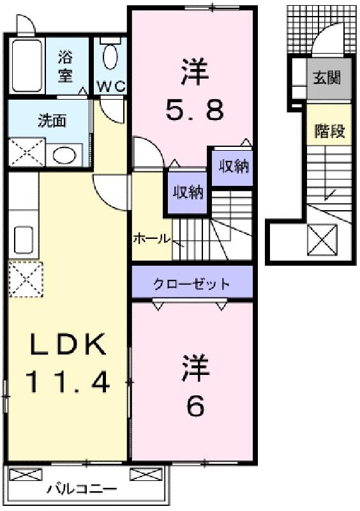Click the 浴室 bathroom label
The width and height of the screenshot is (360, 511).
coord(65,66)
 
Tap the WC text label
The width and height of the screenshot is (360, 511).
coord(111,86)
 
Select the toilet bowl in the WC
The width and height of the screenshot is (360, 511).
coord(110,57)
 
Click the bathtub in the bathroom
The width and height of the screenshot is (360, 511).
coord(27,66)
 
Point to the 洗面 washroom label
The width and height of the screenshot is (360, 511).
coord(52,121)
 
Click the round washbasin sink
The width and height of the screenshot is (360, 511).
coord(64,155)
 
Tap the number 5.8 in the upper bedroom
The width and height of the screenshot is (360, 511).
coord(195,110)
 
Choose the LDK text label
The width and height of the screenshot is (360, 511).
coord(68,344)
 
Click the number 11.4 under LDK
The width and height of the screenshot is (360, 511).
coord(67,382)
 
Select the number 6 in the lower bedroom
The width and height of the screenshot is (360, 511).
coord(195,406)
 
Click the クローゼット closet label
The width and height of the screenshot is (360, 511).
coord(191,284)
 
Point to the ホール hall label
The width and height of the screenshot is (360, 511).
coord(152,239)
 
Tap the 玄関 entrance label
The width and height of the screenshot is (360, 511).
coord(327,78)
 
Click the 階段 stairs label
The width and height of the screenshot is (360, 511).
coord(329,131)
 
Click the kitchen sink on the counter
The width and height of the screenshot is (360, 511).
coord(24,240)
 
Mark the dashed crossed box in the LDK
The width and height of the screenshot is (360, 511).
coord(26,279)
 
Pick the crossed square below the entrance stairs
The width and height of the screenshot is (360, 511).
coord(322,240)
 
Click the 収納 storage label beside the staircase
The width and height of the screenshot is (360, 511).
coord(188,192)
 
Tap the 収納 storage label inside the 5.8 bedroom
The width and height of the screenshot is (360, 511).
coord(234,166)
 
